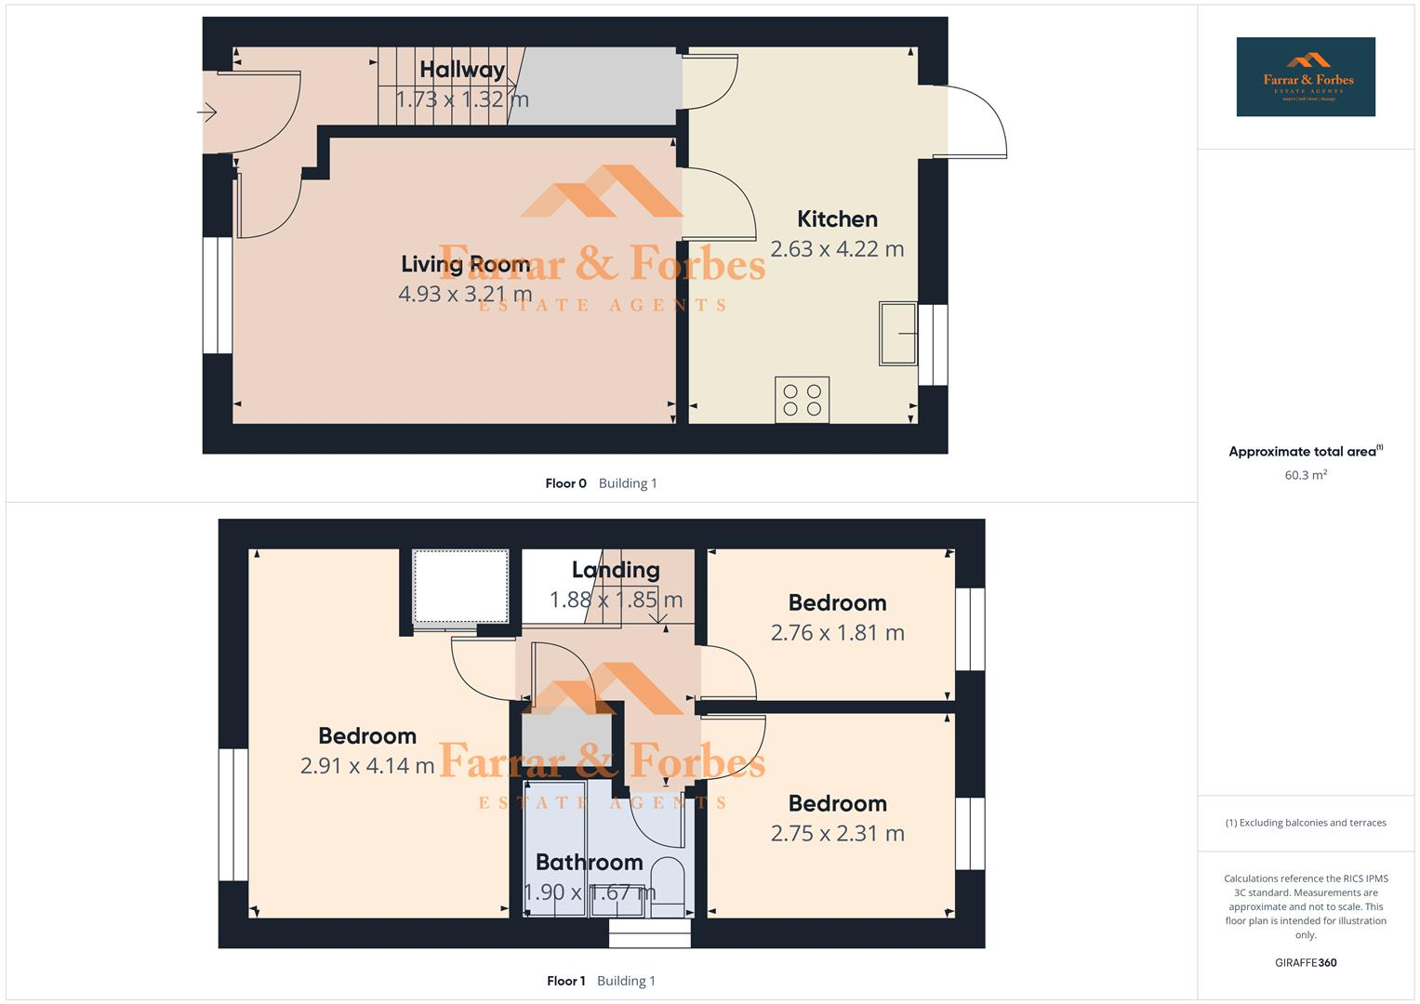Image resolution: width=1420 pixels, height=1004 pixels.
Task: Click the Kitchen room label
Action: (x=837, y=219)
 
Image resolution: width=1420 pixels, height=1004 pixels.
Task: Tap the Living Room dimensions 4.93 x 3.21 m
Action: (x=465, y=295)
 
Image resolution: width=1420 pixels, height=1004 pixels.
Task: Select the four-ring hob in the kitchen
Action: (x=802, y=400)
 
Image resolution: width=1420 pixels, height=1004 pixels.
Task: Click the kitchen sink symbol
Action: (x=897, y=333)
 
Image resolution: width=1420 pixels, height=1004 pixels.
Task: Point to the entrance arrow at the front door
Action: (x=206, y=112)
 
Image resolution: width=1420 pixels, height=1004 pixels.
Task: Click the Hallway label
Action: (x=461, y=70)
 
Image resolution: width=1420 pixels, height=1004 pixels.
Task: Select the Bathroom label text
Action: (x=589, y=863)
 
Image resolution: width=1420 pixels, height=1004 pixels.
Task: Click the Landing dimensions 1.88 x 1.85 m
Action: (x=616, y=600)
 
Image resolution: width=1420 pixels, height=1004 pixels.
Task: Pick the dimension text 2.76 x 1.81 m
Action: (x=837, y=633)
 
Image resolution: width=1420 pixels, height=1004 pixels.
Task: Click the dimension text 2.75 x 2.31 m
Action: (x=837, y=834)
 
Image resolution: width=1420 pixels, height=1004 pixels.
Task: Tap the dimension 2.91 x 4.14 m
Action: (x=367, y=766)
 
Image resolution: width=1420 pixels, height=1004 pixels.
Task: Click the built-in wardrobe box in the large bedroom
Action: (x=460, y=587)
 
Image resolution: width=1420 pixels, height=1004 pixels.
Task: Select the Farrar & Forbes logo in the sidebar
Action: (x=1305, y=77)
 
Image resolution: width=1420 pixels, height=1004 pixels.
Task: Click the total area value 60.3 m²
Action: (x=1306, y=475)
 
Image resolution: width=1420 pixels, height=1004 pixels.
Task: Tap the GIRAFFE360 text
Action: (x=1306, y=963)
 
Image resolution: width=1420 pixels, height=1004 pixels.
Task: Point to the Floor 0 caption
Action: (x=565, y=483)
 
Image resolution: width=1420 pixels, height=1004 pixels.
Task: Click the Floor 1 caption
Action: (x=565, y=981)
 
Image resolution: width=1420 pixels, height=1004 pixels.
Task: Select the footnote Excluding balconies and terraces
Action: (x=1306, y=823)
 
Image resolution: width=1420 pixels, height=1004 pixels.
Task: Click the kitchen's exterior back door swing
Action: (x=975, y=121)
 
